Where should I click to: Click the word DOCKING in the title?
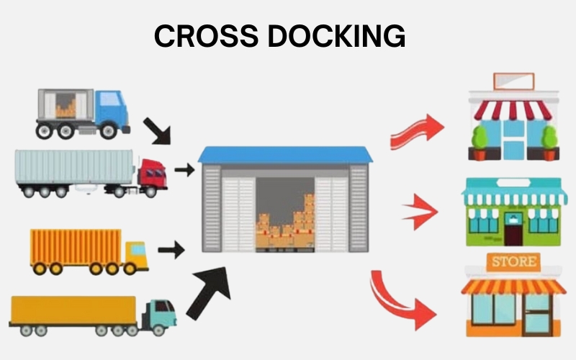338,36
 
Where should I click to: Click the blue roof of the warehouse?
286,155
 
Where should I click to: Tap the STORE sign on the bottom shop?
513,261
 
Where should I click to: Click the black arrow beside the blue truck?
158,130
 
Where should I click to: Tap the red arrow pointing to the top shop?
418,130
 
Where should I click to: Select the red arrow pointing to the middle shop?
420,212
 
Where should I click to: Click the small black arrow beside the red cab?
184,171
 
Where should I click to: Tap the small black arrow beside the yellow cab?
171,251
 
